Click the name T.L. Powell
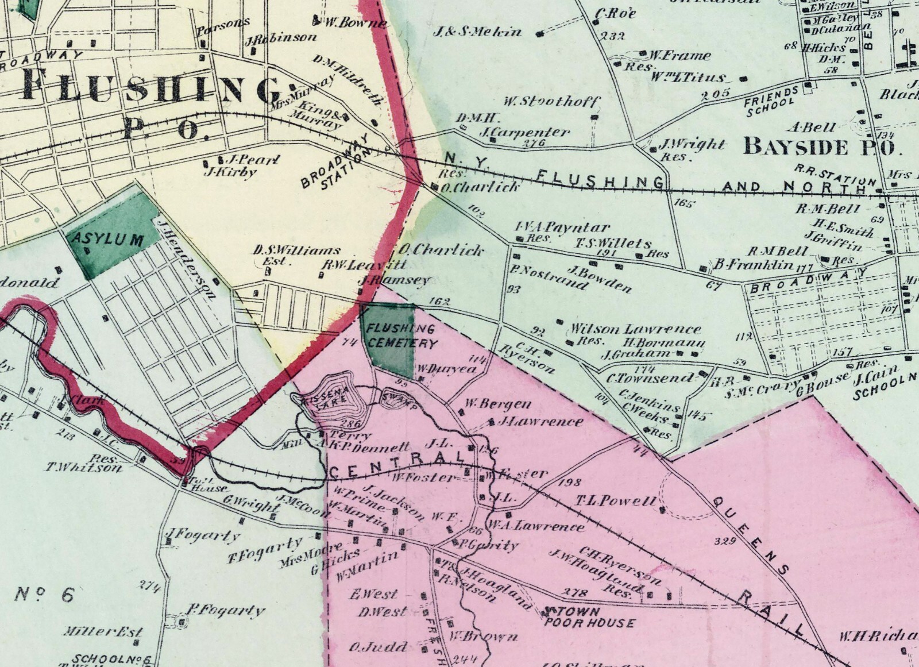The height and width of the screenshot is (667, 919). (x=615, y=501)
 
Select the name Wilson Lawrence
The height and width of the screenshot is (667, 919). (x=634, y=329)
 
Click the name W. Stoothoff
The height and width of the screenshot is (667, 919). (x=551, y=102)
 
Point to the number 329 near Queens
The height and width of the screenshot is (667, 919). (x=727, y=541)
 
